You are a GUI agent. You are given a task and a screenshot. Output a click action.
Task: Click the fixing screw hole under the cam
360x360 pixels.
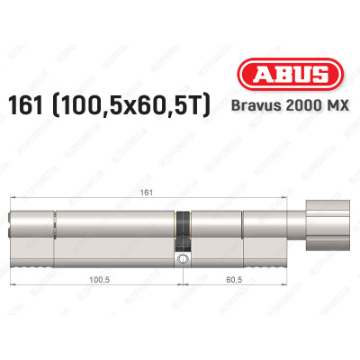[x=184, y=260]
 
